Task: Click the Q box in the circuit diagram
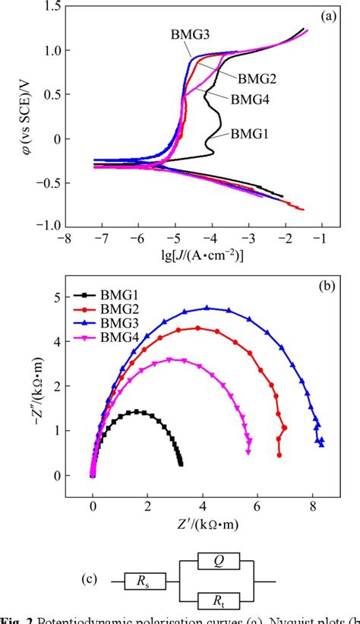coord(218,562)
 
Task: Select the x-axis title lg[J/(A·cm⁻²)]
coord(193,256)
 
